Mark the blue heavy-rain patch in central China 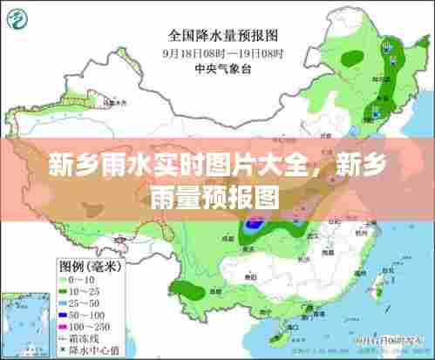(255, 223)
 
